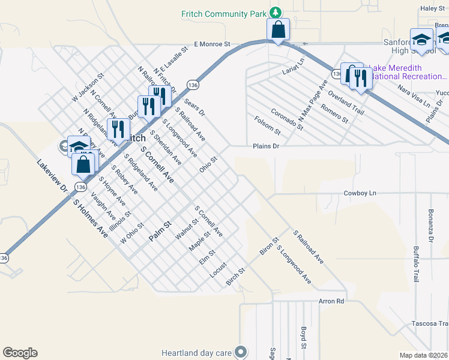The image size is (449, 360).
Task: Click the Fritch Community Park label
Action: click(x=223, y=13)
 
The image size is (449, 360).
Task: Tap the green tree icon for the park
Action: click(x=275, y=13)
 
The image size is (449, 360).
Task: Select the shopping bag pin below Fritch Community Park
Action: click(x=279, y=29)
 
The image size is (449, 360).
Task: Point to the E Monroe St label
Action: click(x=212, y=44)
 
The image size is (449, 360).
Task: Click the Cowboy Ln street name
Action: click(x=360, y=193)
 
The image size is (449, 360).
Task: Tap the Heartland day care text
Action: click(x=197, y=352)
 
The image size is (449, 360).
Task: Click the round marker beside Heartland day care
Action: click(x=241, y=352)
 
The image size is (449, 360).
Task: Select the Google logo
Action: click(x=20, y=353)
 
